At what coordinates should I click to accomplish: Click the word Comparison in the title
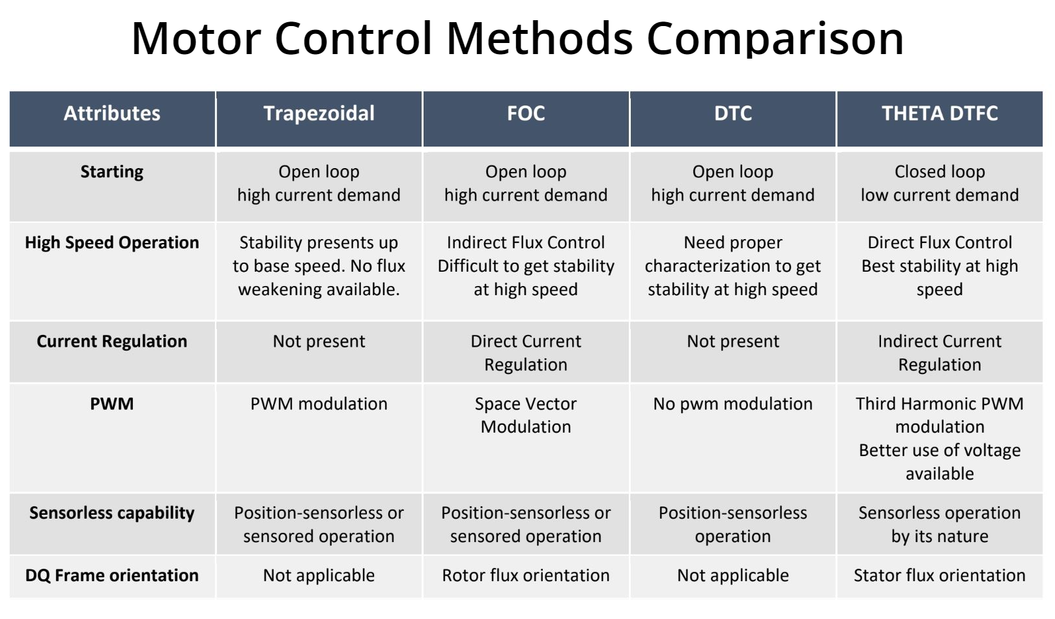775,38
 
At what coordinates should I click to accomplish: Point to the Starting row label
112,172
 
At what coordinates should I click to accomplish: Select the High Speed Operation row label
112,242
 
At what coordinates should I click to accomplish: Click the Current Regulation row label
112,341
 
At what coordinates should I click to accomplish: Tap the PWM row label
112,404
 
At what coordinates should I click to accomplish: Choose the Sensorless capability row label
112,513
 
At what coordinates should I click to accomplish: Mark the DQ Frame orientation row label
112,575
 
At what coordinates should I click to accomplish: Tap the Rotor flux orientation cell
526,575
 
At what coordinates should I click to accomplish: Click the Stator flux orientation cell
940,575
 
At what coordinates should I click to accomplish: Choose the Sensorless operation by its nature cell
940,525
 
